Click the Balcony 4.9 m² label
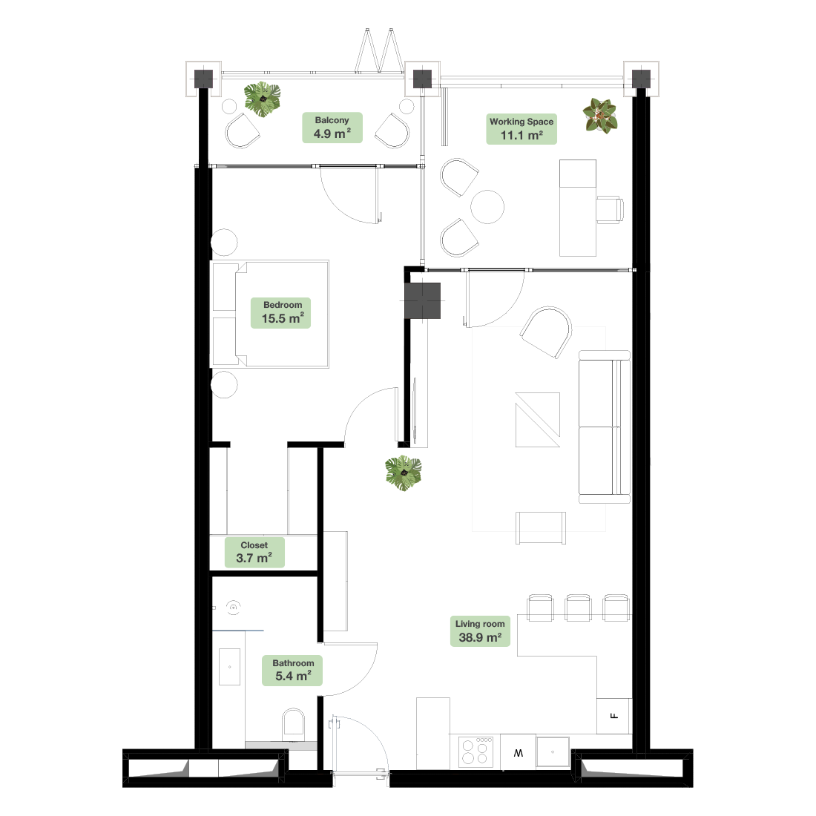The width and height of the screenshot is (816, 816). pyautogui.click(x=332, y=128)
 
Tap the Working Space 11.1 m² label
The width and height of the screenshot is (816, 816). pyautogui.click(x=521, y=128)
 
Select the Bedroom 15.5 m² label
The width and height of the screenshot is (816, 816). pyautogui.click(x=281, y=313)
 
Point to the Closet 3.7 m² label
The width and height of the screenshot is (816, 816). pyautogui.click(x=254, y=552)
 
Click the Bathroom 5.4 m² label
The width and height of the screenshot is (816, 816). pyautogui.click(x=292, y=671)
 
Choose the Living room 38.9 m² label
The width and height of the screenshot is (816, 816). pyautogui.click(x=480, y=631)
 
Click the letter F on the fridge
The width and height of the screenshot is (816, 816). pyautogui.click(x=614, y=716)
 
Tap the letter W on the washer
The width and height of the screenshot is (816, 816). pyautogui.click(x=519, y=753)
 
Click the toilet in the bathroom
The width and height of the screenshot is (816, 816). pyautogui.click(x=294, y=725)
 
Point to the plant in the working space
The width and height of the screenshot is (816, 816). pyautogui.click(x=600, y=116)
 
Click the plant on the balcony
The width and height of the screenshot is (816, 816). pyautogui.click(x=263, y=99)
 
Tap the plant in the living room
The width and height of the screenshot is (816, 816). pyautogui.click(x=404, y=473)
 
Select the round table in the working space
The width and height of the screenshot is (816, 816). pyautogui.click(x=487, y=207)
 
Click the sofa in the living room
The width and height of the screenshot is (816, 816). pyautogui.click(x=605, y=427)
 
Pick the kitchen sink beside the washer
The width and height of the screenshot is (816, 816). pyautogui.click(x=553, y=751)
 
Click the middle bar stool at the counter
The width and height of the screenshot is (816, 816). pyautogui.click(x=578, y=608)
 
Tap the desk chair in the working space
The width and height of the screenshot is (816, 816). pyautogui.click(x=610, y=210)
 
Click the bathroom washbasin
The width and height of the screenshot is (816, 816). pyautogui.click(x=229, y=667)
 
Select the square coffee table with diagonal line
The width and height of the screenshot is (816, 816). pyautogui.click(x=538, y=420)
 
